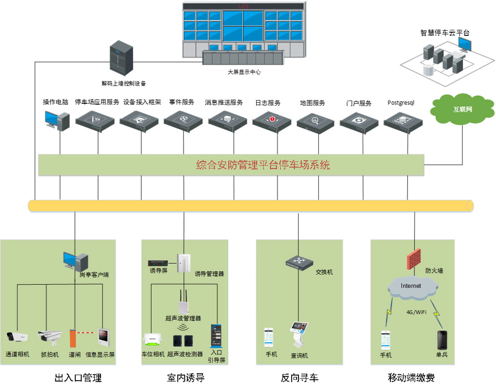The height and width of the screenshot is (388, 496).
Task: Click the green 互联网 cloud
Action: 462,109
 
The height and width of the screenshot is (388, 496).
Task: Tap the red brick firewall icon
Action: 414,259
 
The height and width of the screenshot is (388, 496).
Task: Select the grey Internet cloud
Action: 411,286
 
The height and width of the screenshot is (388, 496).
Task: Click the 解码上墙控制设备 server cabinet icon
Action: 121,59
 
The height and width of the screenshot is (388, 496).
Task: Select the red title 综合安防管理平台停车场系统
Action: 263,165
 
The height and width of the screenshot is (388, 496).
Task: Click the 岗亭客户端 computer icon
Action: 75,261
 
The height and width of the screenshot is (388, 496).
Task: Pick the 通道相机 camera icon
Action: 17,337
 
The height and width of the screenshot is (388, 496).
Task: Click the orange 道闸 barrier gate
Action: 72,338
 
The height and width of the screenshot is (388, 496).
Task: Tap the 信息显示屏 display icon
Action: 104,337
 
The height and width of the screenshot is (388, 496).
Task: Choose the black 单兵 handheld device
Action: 442,339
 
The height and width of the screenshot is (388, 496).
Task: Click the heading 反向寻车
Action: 299,377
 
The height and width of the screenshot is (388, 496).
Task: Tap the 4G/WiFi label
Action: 416,312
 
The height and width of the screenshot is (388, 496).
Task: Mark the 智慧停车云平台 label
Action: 445,33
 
